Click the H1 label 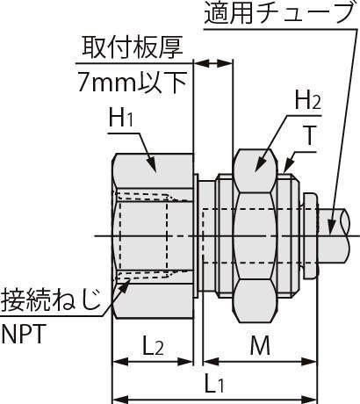point(121,118)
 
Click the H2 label point(307,100)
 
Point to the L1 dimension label point(214,382)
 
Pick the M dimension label point(260,345)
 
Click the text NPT point(23,334)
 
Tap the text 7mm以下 point(133,82)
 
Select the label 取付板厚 point(133,47)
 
